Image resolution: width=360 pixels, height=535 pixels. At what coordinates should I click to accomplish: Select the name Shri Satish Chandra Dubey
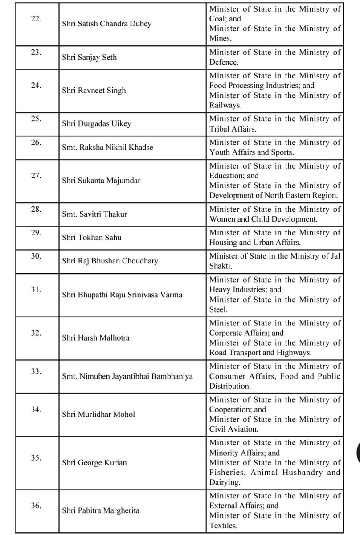point(106,24)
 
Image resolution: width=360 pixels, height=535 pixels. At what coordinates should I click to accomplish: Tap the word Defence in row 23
point(224,62)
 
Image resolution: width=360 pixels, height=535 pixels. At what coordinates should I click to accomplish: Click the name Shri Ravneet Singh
point(94,91)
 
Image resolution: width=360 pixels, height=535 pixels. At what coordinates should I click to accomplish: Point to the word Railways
point(225,105)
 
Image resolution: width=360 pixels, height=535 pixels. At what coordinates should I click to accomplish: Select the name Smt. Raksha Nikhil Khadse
point(107,147)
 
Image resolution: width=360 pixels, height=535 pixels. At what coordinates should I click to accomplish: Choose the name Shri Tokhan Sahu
point(92,238)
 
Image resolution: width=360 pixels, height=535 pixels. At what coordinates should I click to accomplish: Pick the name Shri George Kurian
point(94,462)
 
